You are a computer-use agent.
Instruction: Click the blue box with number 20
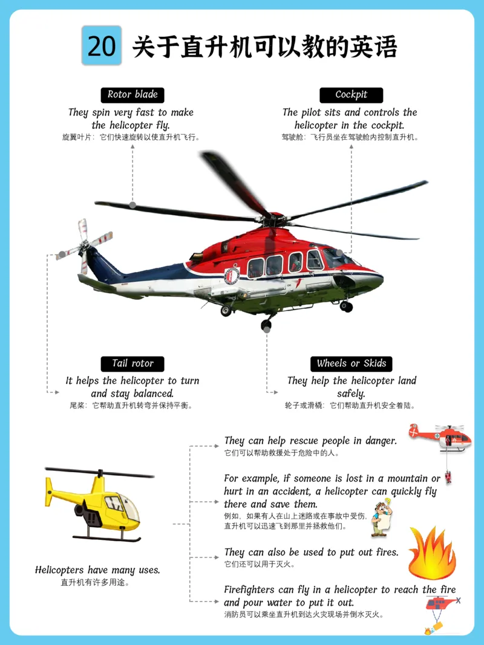[x=101, y=45]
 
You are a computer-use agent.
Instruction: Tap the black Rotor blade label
[x=132, y=95]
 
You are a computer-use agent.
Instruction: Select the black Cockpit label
[x=351, y=95]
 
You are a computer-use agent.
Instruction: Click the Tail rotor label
[x=132, y=364]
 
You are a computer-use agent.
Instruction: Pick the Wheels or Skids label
[x=351, y=364]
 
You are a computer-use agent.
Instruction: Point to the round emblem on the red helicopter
[x=232, y=276]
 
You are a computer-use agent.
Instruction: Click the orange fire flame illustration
[x=432, y=553]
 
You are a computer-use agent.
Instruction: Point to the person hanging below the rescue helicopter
[x=448, y=477]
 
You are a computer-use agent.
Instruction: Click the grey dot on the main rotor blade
[x=132, y=204]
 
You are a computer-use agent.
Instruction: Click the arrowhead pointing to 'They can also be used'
[x=217, y=557]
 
